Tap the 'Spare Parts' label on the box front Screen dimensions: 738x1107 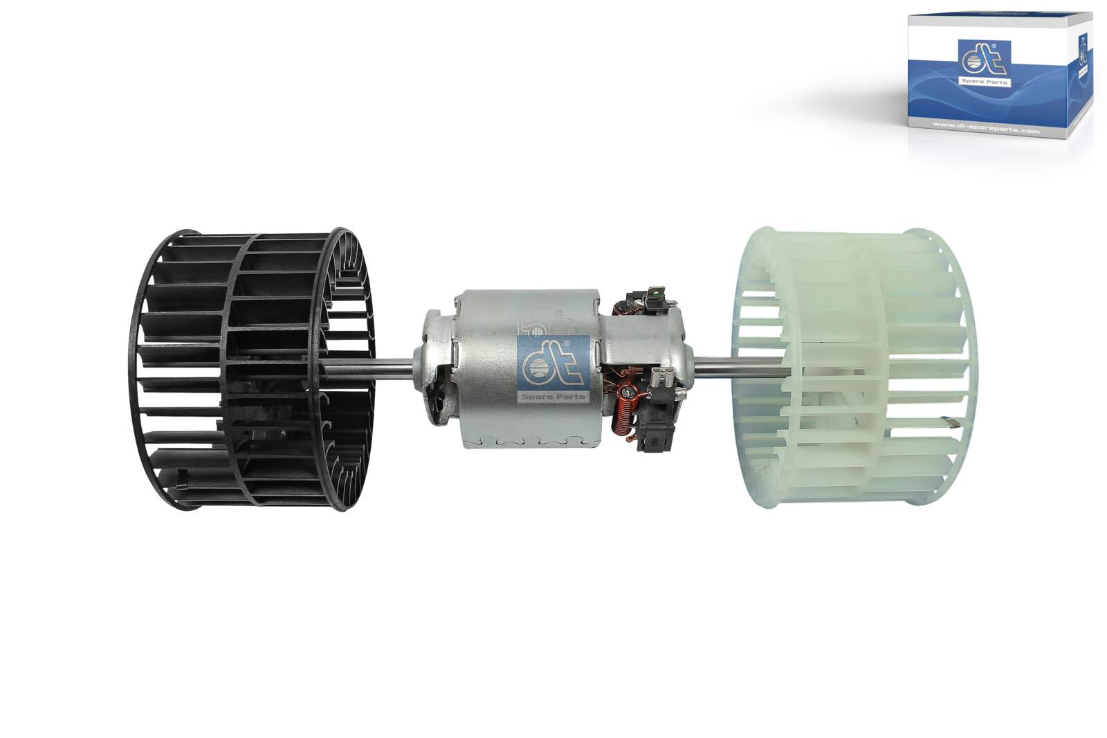coord(984,82)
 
